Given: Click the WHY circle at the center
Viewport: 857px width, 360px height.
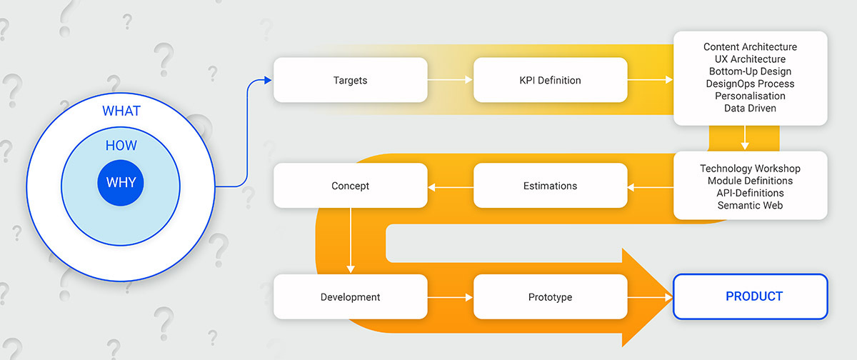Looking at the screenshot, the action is point(121,183).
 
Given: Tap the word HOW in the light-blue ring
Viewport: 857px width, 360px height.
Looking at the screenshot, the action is point(121,146).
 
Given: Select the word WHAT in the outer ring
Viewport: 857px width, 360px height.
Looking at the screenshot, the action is point(121,111).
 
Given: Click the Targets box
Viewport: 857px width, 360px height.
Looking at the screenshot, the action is point(351,80).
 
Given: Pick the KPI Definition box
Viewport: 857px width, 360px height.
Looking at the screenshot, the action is point(550,80).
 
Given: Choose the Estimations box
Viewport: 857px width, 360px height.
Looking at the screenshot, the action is point(550,186).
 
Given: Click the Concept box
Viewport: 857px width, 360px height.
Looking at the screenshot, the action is point(351,186).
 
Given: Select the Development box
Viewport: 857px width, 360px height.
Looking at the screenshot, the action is point(351,297).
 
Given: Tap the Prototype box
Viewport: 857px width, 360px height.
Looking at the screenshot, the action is point(550,297).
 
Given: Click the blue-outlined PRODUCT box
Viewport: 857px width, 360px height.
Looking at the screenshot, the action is point(751,296).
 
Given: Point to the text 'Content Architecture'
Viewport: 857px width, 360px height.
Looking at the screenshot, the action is point(750,46).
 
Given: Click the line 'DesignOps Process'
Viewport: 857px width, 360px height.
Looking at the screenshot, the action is point(750,84).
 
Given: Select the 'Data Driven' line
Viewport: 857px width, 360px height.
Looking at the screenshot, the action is point(750,109).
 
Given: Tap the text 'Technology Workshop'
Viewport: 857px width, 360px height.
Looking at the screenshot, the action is point(750,169).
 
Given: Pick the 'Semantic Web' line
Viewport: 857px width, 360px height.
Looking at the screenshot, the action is point(750,206).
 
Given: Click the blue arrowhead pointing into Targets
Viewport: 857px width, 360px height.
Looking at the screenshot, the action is point(268,80).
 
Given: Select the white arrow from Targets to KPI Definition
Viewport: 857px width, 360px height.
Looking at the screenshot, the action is point(451,79).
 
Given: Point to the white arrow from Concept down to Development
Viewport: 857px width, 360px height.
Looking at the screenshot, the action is point(351,241).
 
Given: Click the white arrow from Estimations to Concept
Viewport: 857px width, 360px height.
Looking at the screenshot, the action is point(451,187).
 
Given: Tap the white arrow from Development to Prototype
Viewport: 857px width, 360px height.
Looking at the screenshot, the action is point(451,297).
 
